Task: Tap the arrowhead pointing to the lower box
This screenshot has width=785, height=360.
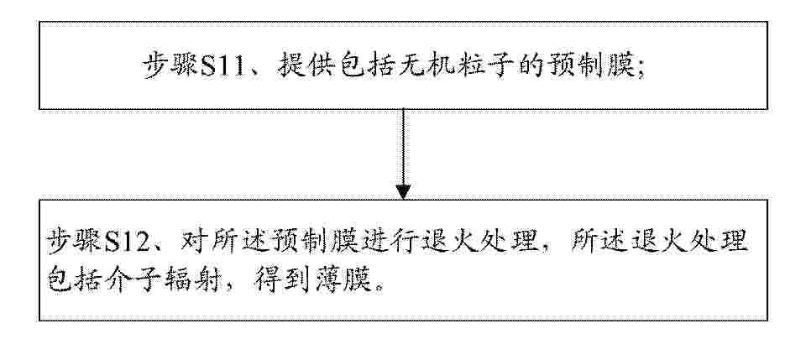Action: [x=403, y=192]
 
